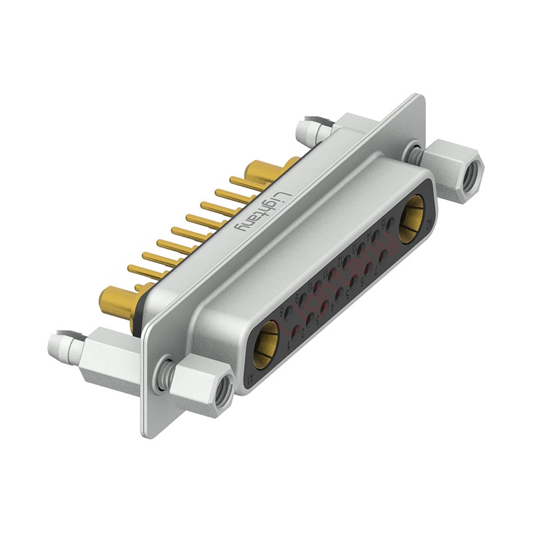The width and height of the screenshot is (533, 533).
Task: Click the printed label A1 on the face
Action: click(251, 378)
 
